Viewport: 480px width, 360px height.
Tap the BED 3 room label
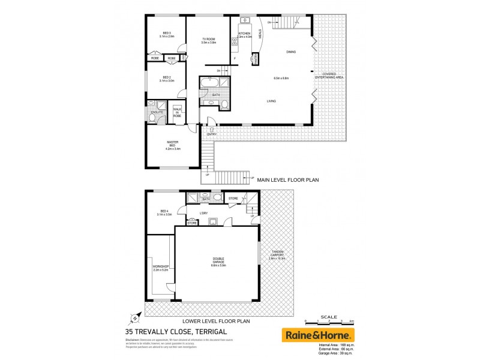167,35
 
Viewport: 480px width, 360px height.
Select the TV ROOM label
209,41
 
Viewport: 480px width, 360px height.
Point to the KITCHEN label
244,34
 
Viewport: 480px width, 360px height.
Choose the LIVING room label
271,101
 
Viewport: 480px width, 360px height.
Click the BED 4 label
164,211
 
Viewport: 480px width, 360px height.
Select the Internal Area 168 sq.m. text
332,345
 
